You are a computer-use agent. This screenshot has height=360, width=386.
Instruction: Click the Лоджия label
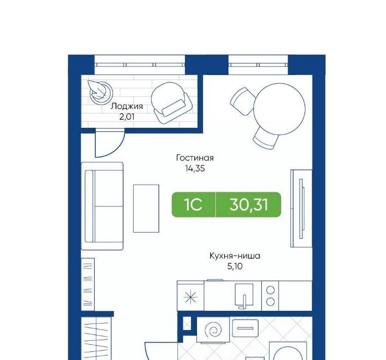coord(127,106)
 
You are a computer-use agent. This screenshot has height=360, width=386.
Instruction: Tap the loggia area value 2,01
coord(127,117)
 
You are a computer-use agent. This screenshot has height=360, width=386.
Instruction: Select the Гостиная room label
coord(195,158)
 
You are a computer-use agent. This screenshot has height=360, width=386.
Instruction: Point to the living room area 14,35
coord(195,168)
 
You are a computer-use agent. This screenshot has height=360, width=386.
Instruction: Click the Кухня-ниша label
coord(235,256)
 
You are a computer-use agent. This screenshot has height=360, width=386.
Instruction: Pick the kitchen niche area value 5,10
coord(235,266)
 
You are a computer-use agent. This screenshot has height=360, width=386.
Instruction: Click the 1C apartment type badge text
coord(193,205)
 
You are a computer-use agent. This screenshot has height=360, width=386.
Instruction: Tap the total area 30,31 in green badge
coord(249,205)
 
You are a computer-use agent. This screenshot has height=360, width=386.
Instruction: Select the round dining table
coord(280,109)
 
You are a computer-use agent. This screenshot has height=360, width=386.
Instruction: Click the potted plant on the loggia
coord(100,92)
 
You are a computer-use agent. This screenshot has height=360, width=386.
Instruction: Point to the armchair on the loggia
coord(171,102)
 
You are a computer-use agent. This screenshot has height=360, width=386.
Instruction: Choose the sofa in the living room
coord(102,206)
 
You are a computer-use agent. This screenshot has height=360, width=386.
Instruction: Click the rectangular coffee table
coord(146,208)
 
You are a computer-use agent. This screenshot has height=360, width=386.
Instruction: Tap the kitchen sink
coord(244,296)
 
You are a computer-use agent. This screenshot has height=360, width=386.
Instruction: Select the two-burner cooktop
coord(271,296)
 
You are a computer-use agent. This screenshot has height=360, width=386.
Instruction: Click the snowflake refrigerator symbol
coord(190,297)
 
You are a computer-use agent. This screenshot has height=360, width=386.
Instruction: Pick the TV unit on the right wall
coord(301,208)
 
